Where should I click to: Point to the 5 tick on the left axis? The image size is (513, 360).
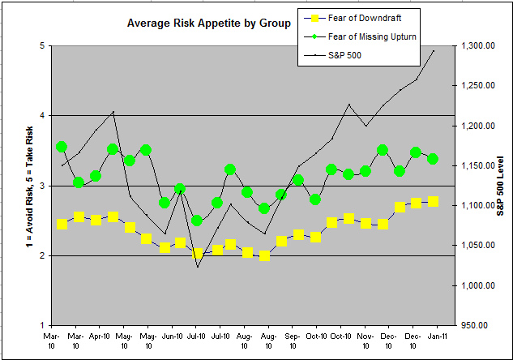tap(41, 46)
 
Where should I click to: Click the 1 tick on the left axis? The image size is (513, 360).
tap(41, 325)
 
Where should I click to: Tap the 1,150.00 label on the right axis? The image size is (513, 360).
tap(477, 166)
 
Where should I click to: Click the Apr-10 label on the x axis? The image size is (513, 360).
tap(100, 335)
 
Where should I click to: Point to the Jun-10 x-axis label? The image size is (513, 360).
tap(172, 335)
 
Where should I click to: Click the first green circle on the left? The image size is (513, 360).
tap(62, 147)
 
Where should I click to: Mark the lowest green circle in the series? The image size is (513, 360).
tap(197, 221)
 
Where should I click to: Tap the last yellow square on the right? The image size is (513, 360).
tap(434, 201)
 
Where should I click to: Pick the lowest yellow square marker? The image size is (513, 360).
tap(264, 256)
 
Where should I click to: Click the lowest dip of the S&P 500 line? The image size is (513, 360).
tap(197, 267)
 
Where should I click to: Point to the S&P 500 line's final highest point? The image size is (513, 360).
tap(434, 50)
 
